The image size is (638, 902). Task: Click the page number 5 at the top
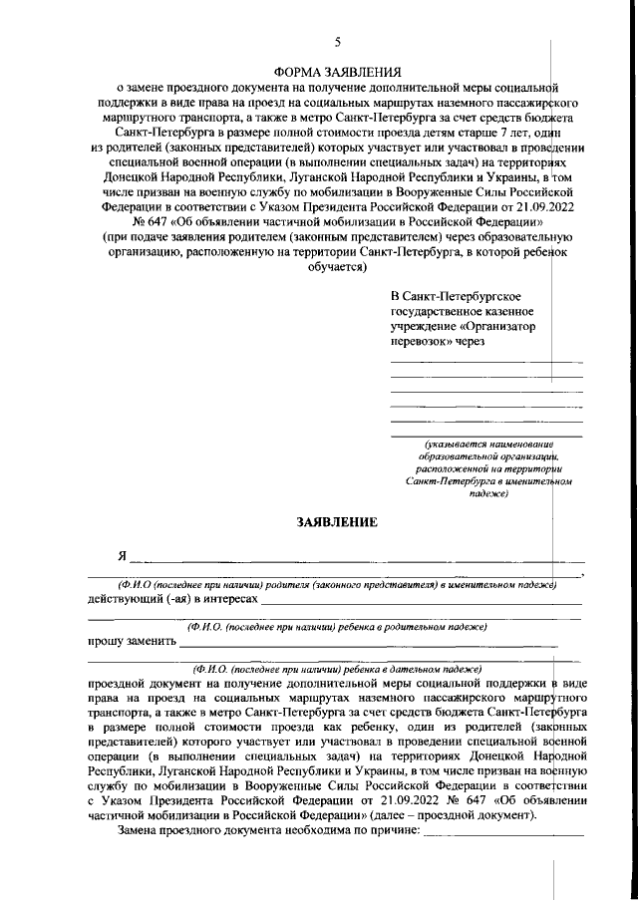(x=337, y=41)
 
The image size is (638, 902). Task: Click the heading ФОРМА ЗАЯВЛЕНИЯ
(x=337, y=72)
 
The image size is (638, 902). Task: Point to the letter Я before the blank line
(x=123, y=555)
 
